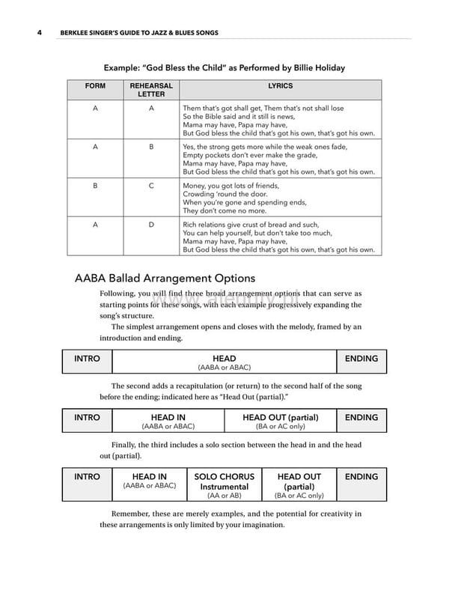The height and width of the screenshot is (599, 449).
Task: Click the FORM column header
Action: pos(95,86)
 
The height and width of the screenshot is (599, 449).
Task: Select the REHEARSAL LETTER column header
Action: pos(151,91)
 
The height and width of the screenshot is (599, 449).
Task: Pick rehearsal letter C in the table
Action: pos(151,186)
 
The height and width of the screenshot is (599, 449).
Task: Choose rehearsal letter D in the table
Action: pos(151,225)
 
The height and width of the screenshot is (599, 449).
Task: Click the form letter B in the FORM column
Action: pos(95,186)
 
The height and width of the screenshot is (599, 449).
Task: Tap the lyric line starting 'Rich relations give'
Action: pos(251,225)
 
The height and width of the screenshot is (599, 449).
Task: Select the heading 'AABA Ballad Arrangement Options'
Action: pos(165,279)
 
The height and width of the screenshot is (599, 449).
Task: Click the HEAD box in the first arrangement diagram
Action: pos(224,362)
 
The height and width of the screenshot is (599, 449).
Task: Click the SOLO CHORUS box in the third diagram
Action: pos(224,485)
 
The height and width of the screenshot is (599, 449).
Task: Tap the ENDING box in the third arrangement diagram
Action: pos(361,485)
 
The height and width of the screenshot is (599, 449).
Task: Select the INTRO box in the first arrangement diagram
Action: pos(87,362)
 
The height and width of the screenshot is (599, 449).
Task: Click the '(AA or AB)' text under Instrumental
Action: pos(224,496)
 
